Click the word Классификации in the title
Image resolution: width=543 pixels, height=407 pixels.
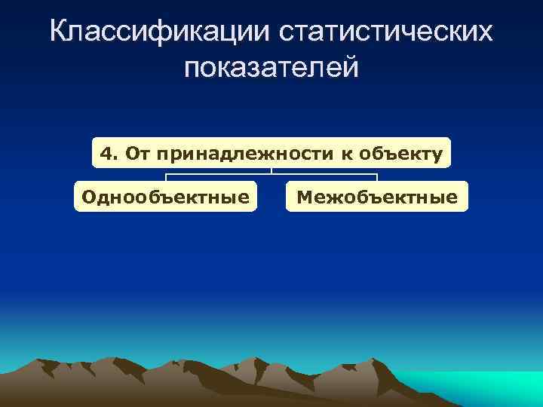click(x=158, y=32)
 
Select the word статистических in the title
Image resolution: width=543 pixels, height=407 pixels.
click(x=386, y=32)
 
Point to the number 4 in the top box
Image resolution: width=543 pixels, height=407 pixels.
click(x=106, y=154)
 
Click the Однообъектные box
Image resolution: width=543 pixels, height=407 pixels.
click(x=165, y=197)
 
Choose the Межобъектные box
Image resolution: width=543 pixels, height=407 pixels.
click(x=377, y=197)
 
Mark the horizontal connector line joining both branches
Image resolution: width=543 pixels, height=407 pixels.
click(x=271, y=175)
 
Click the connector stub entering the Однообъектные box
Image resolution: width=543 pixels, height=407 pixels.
click(x=166, y=179)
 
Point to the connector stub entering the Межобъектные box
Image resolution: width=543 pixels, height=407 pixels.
click(x=377, y=179)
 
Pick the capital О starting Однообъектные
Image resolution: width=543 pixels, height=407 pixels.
click(x=87, y=197)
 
